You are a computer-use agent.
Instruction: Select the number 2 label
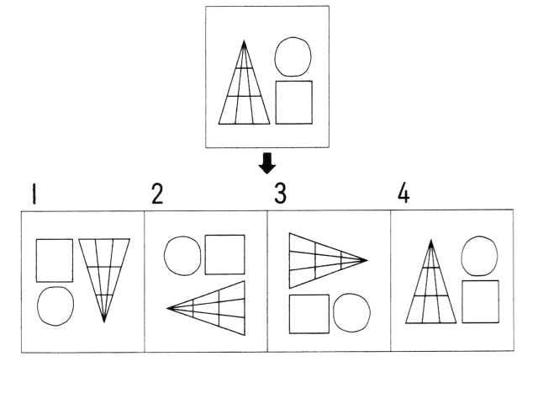tap(157, 194)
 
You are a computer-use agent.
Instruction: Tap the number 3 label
tap(281, 194)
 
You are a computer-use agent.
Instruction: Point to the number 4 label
tap(404, 194)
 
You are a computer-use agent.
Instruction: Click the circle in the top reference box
tap(293, 56)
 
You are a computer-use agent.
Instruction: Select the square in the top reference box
tap(294, 102)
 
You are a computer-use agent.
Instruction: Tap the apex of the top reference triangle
tap(244, 40)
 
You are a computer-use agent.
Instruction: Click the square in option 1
tap(54, 260)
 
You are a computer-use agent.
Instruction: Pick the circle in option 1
tap(55, 306)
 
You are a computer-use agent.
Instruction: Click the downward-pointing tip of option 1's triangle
tap(103, 322)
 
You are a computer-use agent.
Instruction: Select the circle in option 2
tap(182, 255)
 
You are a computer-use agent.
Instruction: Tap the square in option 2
tap(224, 254)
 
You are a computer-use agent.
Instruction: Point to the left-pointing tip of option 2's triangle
tap(168, 308)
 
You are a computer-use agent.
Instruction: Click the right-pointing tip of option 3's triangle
tap(367, 260)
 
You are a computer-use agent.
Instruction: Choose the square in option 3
tap(309, 313)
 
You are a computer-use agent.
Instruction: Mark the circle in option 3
tap(351, 312)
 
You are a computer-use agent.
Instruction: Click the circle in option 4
tap(480, 255)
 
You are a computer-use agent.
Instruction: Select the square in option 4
tap(480, 300)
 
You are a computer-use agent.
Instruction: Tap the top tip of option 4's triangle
tap(431, 241)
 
